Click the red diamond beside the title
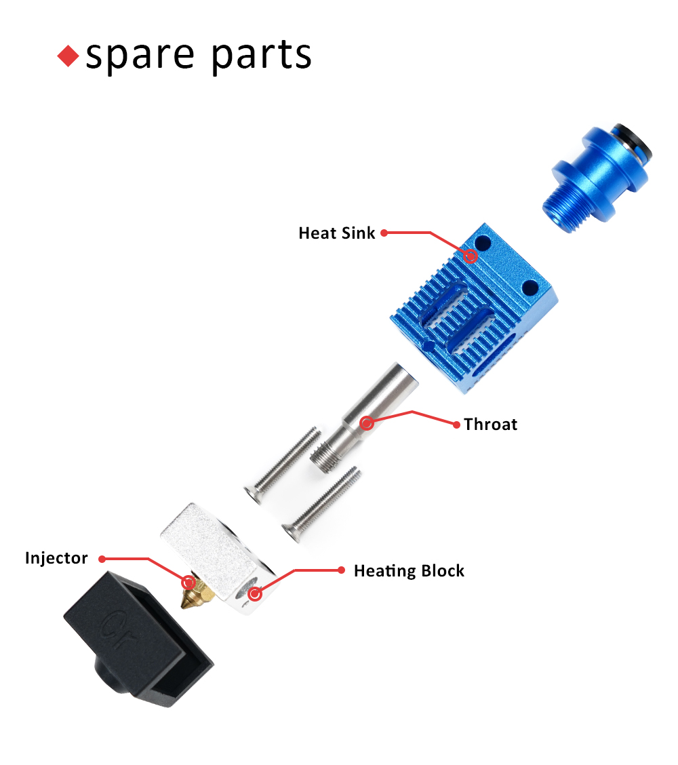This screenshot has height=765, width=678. click(x=68, y=56)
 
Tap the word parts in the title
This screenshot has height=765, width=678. click(x=262, y=55)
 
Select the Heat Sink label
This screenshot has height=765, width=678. click(x=336, y=233)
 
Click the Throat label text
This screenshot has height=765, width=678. click(x=490, y=425)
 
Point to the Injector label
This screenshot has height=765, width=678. click(x=56, y=558)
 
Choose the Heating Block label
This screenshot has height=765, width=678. click(x=410, y=571)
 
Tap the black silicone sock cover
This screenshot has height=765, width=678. click(x=138, y=639)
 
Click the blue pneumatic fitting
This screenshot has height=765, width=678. click(x=597, y=178)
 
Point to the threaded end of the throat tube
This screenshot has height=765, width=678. click(x=323, y=458)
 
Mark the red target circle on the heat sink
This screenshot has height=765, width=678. click(x=471, y=256)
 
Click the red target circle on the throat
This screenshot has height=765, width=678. click(x=367, y=423)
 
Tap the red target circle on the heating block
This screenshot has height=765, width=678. click(x=255, y=594)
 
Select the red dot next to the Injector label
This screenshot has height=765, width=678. click(x=102, y=559)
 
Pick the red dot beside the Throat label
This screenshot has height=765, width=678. click(x=456, y=425)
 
